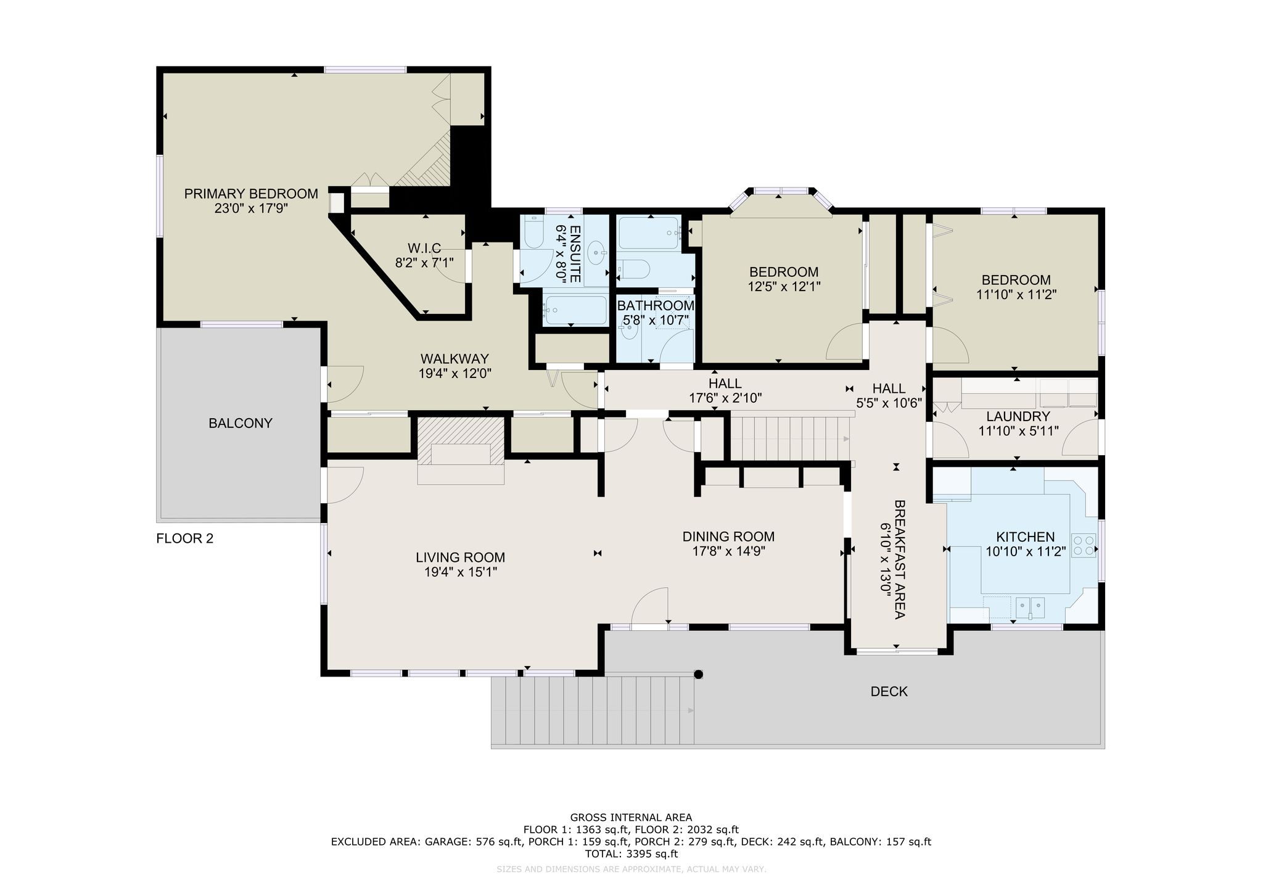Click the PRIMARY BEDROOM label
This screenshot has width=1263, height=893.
tap(251, 194)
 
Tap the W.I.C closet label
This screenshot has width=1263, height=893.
tap(424, 248)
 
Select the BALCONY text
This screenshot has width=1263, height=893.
tap(241, 423)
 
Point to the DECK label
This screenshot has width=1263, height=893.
tap(889, 691)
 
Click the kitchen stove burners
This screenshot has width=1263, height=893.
tap(1084, 545)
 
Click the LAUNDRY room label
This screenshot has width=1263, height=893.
tap(1018, 416)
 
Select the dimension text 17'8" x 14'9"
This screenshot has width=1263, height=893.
tap(728, 551)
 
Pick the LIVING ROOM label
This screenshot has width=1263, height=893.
tap(460, 558)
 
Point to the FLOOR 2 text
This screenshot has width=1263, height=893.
tap(184, 538)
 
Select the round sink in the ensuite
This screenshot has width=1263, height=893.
tap(597, 252)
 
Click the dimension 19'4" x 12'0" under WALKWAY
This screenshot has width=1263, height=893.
tap(455, 373)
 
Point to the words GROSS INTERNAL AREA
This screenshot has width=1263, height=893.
tap(631, 818)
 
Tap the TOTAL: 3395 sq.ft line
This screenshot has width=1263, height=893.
tap(631, 854)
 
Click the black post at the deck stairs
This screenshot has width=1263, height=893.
tap(698, 674)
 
